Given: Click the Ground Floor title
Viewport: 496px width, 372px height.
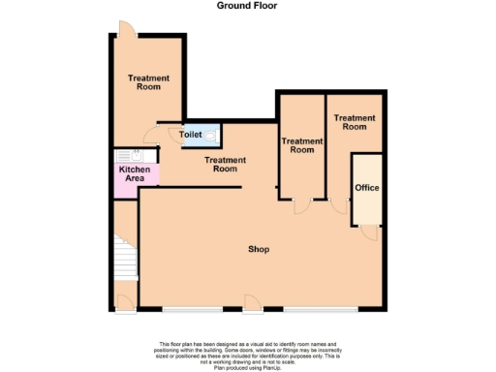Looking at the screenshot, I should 247,6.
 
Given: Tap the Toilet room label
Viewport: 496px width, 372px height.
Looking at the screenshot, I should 190,135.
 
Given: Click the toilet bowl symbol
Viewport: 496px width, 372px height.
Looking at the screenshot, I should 212,135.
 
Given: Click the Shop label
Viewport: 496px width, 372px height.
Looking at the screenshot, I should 258,250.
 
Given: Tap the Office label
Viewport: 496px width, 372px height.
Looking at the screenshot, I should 366,187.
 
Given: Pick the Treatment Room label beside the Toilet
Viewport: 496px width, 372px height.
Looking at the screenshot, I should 223,165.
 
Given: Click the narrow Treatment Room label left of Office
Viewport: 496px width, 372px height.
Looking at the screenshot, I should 302,145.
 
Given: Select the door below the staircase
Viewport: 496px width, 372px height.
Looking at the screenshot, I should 126,300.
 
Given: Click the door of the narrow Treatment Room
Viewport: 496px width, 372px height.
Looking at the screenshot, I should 303,204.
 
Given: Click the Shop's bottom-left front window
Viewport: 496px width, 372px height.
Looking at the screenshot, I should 189,311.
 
